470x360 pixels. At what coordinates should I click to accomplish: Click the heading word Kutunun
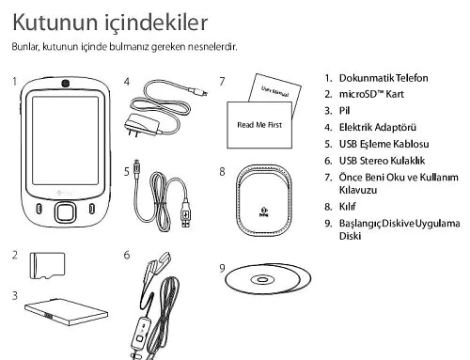55,23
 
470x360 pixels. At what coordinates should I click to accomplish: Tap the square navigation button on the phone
65,212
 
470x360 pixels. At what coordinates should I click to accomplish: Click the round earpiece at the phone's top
65,84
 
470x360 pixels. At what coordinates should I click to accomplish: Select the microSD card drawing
47,265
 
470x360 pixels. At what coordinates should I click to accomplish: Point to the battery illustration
67,312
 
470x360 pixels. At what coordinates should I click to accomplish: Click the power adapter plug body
141,125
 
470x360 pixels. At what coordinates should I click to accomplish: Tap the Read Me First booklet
259,125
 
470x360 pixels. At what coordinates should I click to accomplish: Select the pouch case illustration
264,200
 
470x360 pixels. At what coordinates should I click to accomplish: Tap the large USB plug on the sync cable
185,213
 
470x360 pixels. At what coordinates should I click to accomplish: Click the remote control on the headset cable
141,334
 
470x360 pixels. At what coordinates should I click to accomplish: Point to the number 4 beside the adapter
127,82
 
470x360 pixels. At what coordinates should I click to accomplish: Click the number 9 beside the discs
222,268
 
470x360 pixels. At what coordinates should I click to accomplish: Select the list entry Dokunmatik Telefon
384,78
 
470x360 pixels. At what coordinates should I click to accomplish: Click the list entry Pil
344,111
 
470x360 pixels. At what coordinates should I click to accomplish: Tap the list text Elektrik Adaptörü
378,127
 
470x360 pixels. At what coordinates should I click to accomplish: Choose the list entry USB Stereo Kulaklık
382,161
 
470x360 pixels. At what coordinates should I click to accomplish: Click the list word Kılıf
348,207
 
